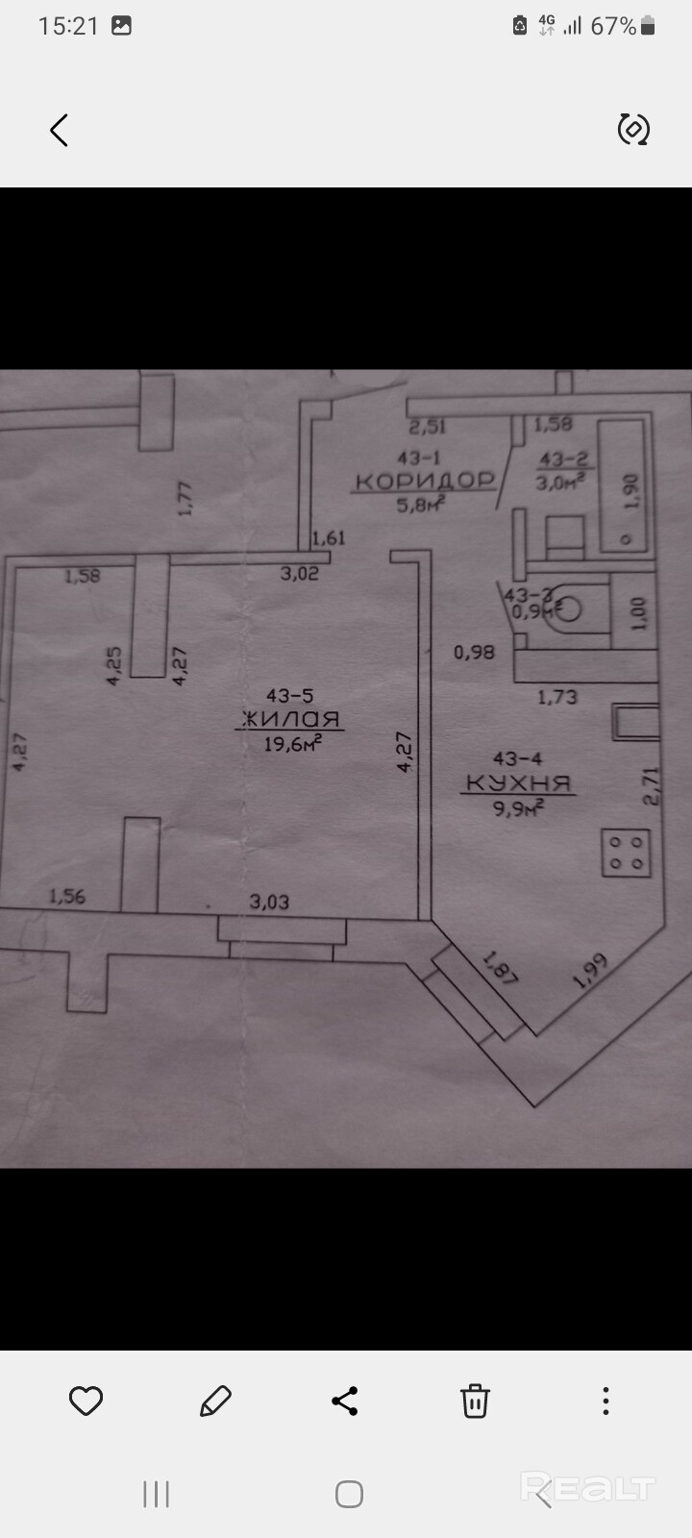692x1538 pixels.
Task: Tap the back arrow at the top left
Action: [60, 130]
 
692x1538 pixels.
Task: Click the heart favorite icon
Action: [86, 1402]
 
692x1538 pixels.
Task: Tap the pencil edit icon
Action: [215, 1402]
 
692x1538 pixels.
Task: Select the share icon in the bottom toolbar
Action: [345, 1402]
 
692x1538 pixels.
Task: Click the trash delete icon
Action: [475, 1402]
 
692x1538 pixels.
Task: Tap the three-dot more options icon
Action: [605, 1402]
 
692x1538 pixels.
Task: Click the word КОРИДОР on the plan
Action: [424, 481]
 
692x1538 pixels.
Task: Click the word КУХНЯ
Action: [519, 783]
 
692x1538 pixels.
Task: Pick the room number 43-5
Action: [290, 695]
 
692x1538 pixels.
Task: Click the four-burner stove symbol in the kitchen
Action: [626, 853]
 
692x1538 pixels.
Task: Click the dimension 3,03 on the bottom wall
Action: [269, 902]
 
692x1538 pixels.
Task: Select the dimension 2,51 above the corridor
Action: [427, 427]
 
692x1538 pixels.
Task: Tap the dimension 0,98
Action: [474, 652]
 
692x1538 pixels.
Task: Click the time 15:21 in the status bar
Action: [68, 26]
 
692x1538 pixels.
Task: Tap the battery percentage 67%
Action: [613, 26]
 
